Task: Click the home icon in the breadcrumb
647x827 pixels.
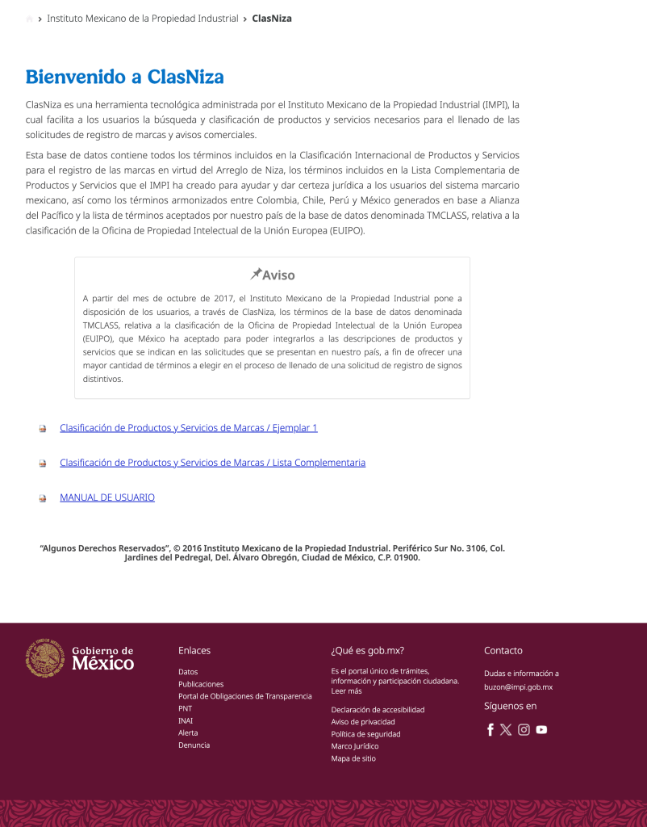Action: (x=30, y=19)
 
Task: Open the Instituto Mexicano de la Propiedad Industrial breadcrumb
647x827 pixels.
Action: (x=143, y=18)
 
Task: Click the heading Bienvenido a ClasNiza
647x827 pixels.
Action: (x=124, y=78)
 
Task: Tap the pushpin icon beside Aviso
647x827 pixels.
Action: (x=256, y=274)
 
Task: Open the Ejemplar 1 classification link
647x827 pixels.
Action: (x=188, y=428)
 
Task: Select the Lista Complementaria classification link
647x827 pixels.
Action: (x=212, y=463)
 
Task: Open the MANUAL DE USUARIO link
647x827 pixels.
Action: (x=107, y=497)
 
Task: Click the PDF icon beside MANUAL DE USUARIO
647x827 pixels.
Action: (x=43, y=498)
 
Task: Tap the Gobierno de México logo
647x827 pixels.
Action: (x=80, y=658)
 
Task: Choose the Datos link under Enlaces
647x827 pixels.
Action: (x=188, y=672)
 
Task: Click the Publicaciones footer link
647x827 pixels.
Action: (x=201, y=684)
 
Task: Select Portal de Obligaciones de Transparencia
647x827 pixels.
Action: (x=244, y=696)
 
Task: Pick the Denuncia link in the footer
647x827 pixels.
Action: (x=194, y=745)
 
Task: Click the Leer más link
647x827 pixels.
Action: (x=346, y=691)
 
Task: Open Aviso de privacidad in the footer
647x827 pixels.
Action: (x=363, y=722)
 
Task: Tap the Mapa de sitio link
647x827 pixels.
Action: (x=353, y=758)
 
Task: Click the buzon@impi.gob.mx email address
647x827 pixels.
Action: (x=518, y=687)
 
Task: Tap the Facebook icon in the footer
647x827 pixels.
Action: (x=490, y=730)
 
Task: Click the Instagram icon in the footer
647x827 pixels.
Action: (x=524, y=730)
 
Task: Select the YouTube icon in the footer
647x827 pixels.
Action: (x=541, y=730)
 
